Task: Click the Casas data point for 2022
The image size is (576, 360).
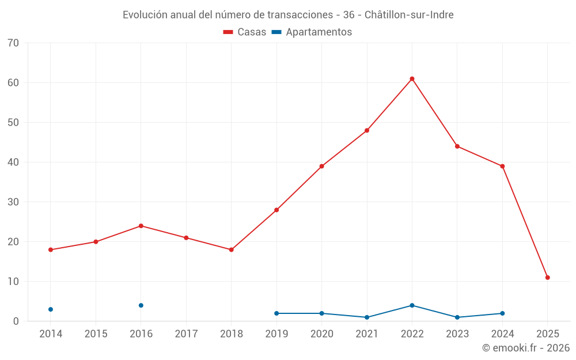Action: pos(412,79)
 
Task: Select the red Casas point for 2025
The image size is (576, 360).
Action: pos(548,278)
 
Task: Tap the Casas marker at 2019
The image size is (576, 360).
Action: pos(276,210)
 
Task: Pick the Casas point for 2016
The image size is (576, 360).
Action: pos(141,226)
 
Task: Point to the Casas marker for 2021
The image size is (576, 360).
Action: pos(367,131)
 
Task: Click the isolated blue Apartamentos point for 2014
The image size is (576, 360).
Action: pos(51,309)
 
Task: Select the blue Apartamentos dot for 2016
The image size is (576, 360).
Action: pos(141,305)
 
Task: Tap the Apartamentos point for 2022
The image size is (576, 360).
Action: pos(412,305)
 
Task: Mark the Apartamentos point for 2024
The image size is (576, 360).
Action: pos(502,313)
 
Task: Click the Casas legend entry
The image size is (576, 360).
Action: pos(245,32)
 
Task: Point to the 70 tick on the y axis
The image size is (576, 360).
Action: pos(14,43)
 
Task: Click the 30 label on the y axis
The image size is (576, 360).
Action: pos(14,202)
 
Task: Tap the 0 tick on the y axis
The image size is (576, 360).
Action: pos(16,321)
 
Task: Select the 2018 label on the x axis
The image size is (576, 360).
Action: pos(231,334)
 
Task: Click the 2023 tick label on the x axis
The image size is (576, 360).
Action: pos(457,334)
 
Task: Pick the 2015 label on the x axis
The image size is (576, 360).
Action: pos(96,334)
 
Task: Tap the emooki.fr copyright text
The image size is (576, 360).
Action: pos(525,348)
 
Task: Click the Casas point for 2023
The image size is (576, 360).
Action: pos(457,146)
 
